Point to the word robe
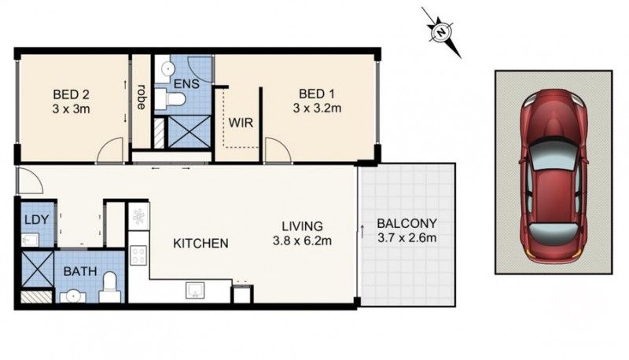click(x=142, y=97)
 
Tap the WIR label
click(x=240, y=123)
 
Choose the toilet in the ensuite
click(x=169, y=99)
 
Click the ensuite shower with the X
click(x=189, y=131)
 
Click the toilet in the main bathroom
click(x=111, y=285)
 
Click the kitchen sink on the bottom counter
click(x=196, y=292)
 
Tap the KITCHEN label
click(x=201, y=243)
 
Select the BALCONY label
click(x=406, y=223)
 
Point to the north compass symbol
click(x=441, y=32)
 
